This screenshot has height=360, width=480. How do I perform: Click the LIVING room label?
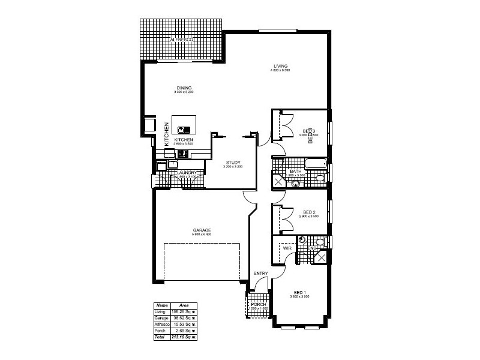[280, 65]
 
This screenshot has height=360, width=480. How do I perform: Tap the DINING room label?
[184, 88]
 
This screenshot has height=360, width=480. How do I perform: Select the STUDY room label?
[233, 162]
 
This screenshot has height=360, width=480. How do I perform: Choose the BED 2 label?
[309, 212]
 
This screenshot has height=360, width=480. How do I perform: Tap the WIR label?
[287, 248]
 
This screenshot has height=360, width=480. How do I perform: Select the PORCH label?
[259, 304]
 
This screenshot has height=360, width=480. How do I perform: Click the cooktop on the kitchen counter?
[182, 154]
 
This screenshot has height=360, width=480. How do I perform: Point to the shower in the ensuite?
[322, 257]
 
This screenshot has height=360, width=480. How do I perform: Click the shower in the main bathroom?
[279, 182]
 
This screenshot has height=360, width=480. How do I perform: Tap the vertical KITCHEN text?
[167, 134]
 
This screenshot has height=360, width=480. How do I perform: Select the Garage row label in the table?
[161, 319]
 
